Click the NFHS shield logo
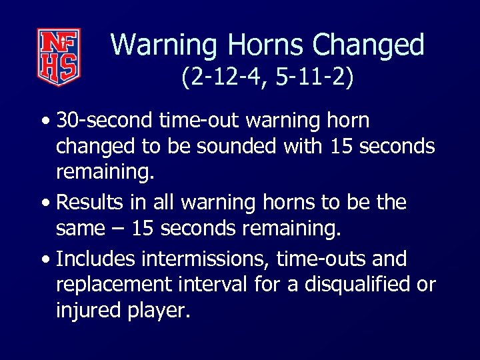coord(59,57)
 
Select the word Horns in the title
coord(267,45)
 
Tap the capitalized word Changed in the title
coord(369,45)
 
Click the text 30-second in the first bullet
coord(104,121)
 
